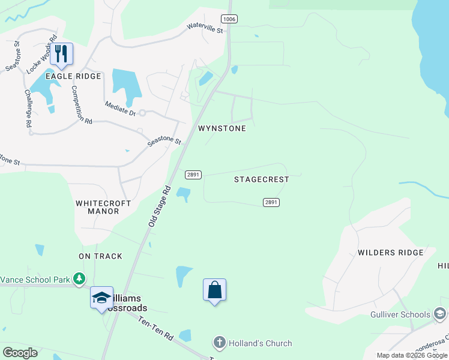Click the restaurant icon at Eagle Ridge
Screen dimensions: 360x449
pyautogui.click(x=61, y=54)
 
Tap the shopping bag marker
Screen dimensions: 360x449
pyautogui.click(x=215, y=290)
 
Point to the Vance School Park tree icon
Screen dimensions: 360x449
pyautogui.click(x=79, y=279)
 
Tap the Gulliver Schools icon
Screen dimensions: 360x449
pyautogui.click(x=440, y=314)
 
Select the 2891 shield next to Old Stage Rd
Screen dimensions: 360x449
pyautogui.click(x=193, y=174)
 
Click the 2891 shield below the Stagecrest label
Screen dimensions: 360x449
pyautogui.click(x=271, y=202)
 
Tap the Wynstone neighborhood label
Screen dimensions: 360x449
pyautogui.click(x=222, y=128)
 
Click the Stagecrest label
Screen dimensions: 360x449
pyautogui.click(x=262, y=179)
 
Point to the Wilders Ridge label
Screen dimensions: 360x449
pyautogui.click(x=391, y=253)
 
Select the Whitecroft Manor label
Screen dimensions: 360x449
pyautogui.click(x=103, y=207)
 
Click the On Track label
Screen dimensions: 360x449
pyautogui.click(x=100, y=256)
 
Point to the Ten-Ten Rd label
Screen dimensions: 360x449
pyautogui.click(x=156, y=329)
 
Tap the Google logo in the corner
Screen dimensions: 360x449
pyautogui.click(x=20, y=352)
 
